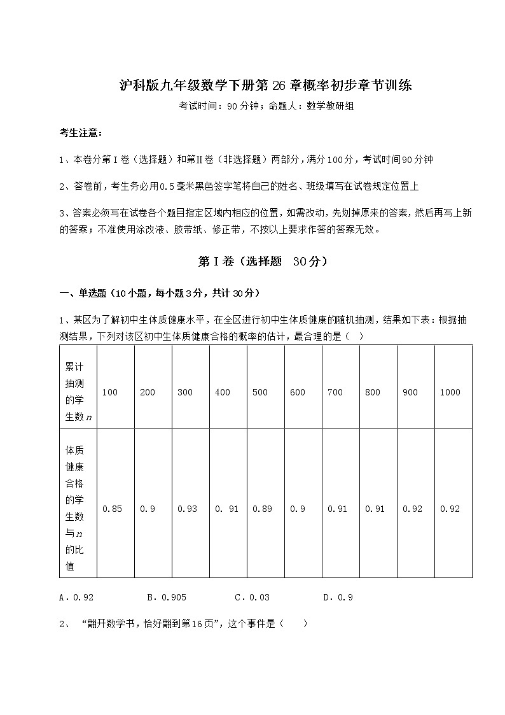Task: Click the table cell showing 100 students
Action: click(x=110, y=393)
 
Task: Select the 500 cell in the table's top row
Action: click(x=260, y=393)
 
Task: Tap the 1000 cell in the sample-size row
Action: click(x=450, y=393)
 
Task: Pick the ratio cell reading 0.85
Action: click(x=112, y=509)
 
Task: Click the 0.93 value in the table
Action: click(x=187, y=509)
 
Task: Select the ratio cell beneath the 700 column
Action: click(x=337, y=509)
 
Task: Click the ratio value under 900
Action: click(x=412, y=509)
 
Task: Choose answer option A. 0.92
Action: click(x=76, y=598)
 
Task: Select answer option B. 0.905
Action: click(x=166, y=598)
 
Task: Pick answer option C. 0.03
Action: click(x=252, y=598)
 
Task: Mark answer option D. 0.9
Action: click(x=338, y=598)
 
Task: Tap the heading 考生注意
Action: click(x=80, y=133)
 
